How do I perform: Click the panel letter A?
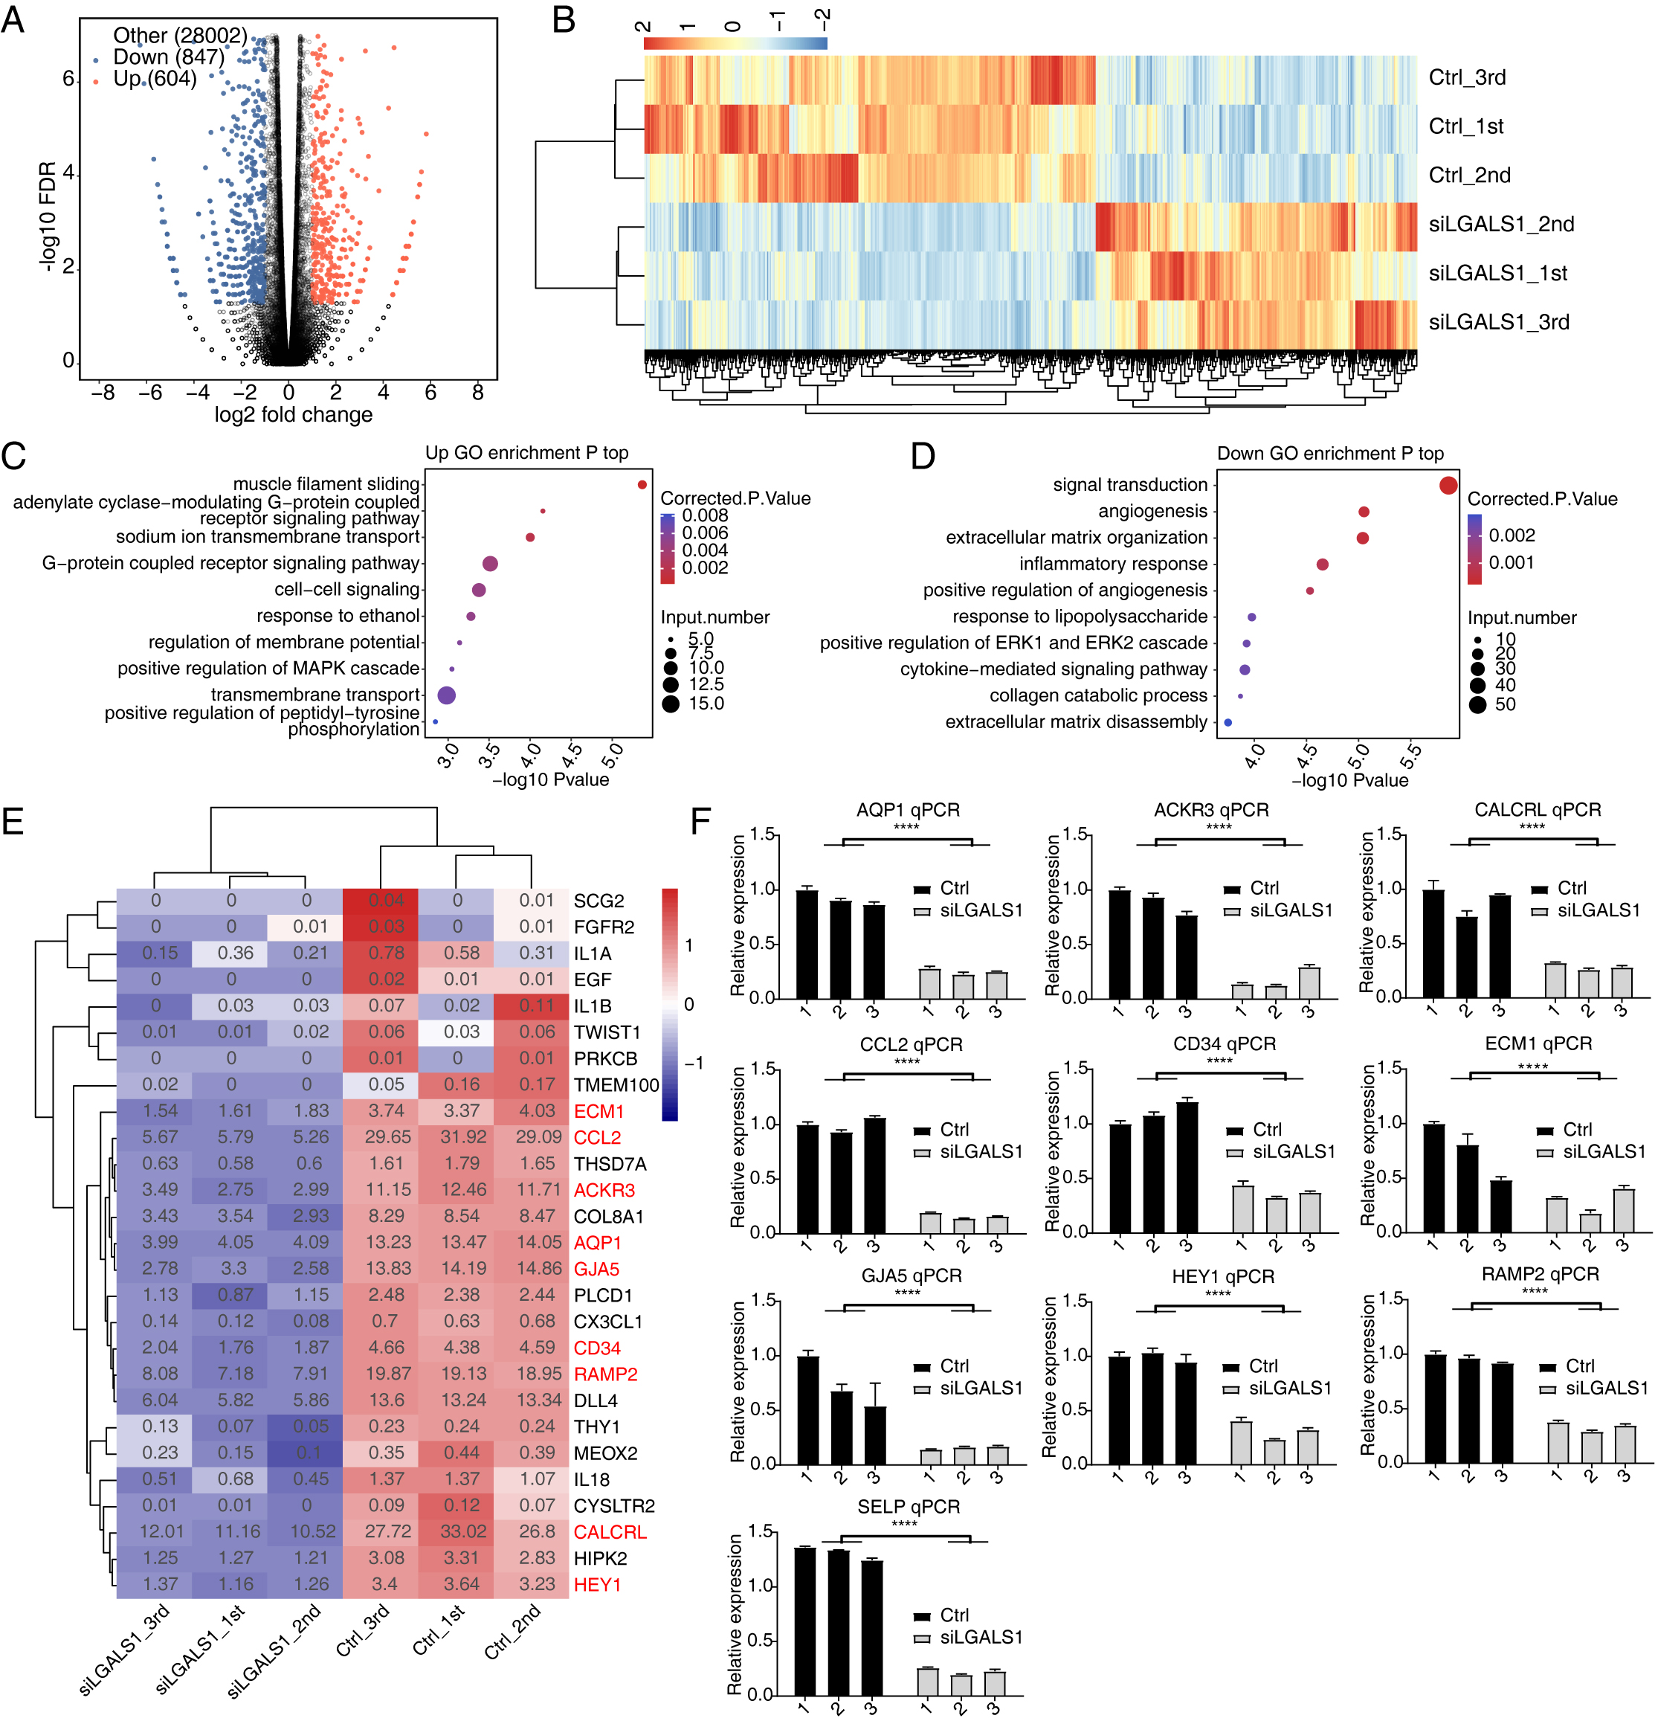pos(13,19)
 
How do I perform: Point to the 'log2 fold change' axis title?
pos(293,414)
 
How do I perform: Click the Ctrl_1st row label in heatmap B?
pos(1465,126)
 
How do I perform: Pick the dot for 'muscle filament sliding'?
pos(642,485)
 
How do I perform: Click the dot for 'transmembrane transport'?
pos(446,695)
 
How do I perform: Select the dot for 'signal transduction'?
pos(1448,486)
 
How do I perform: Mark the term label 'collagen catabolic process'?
pos(1097,695)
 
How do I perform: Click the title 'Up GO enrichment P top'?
pos(527,453)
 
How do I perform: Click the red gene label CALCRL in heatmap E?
pos(610,1532)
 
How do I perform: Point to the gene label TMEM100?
pos(616,1085)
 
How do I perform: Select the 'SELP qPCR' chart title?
pos(908,1507)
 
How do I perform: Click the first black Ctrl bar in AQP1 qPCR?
pos(807,944)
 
